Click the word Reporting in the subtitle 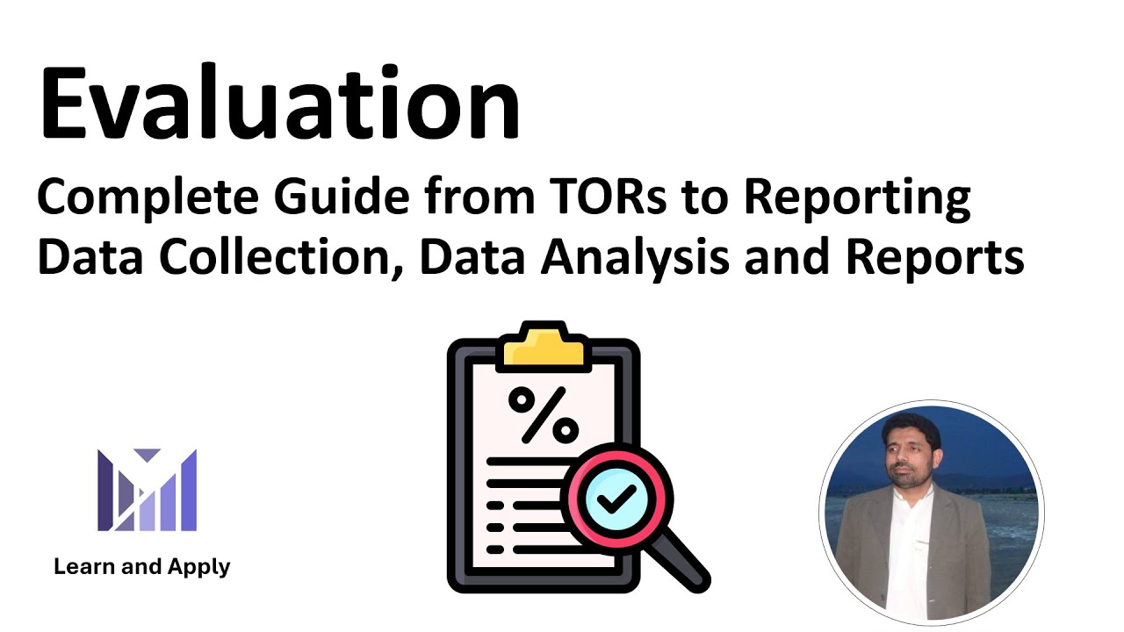856,200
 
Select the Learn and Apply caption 141,567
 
